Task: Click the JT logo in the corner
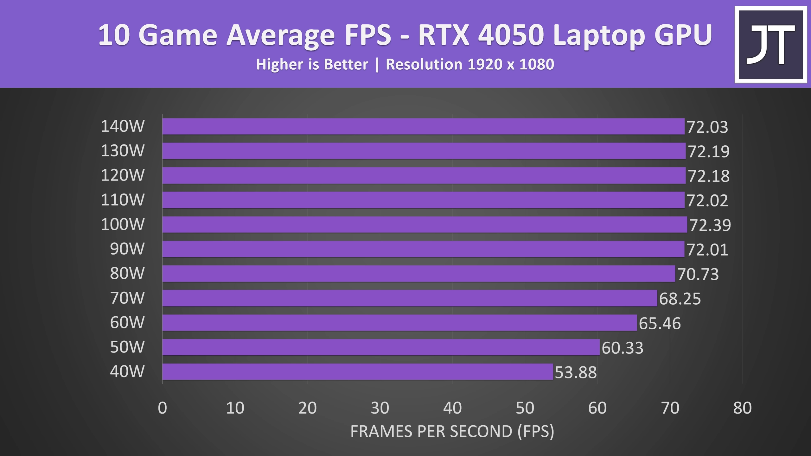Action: coord(770,45)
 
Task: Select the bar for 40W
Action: coord(358,372)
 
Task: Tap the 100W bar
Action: coord(425,225)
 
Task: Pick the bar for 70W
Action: coord(410,298)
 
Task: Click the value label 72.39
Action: coord(710,225)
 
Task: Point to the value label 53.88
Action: coord(576,372)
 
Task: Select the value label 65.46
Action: coord(660,323)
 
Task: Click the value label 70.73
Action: coord(698,274)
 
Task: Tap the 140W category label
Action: coord(123,126)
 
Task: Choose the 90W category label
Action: coord(127,249)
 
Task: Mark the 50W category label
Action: coord(127,347)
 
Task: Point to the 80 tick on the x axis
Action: coord(742,408)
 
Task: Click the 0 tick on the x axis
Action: coord(163,408)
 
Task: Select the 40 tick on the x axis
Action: coord(452,408)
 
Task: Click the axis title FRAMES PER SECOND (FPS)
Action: coord(452,431)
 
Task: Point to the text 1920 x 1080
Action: coord(511,64)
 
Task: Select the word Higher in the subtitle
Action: coord(279,64)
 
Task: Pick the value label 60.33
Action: coord(622,348)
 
